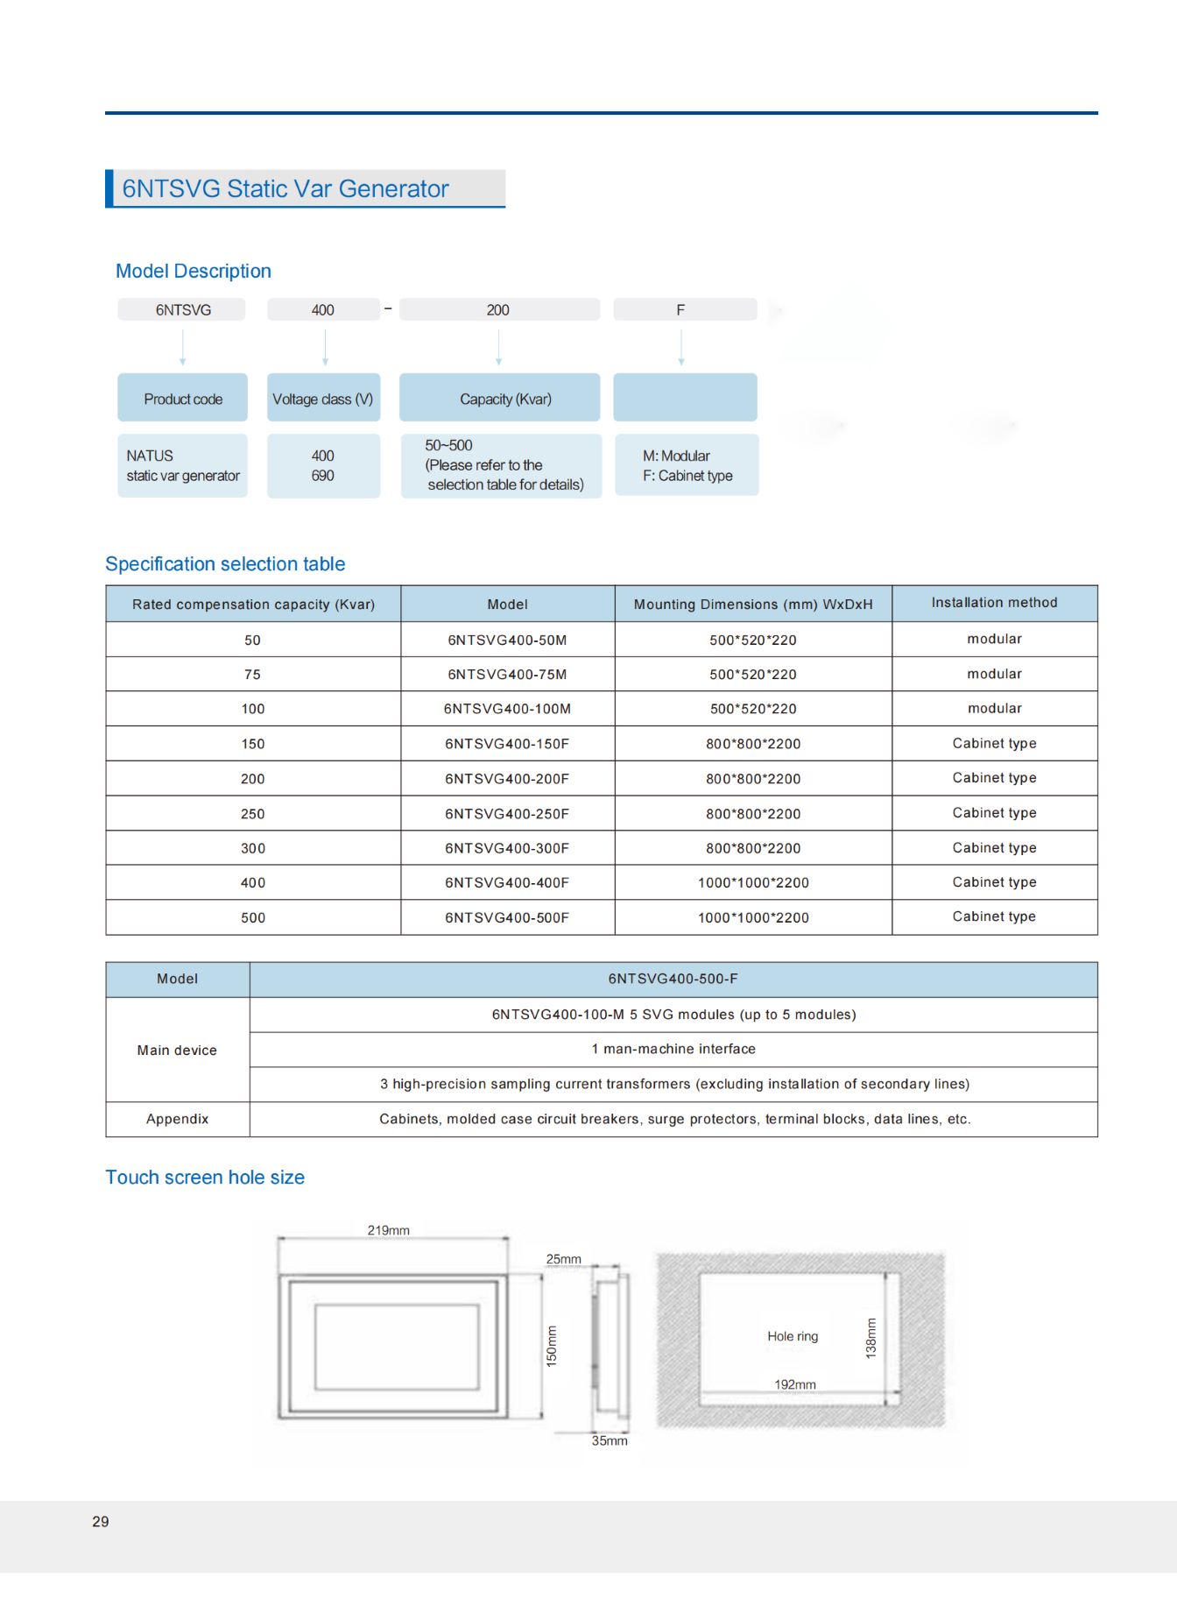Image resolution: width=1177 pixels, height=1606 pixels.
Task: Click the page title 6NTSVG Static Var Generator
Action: tap(285, 189)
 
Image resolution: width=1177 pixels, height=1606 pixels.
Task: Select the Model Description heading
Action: tap(194, 272)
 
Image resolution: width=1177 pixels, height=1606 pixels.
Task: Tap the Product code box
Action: tap(183, 400)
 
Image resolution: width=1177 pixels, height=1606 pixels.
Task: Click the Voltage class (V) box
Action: tap(323, 400)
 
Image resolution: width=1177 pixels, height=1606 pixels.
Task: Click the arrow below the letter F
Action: tap(681, 347)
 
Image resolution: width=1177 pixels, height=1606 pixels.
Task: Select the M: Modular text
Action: tap(676, 456)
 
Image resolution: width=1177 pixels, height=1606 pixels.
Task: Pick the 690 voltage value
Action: tap(322, 476)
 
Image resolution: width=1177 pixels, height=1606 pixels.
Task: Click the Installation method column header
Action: tap(994, 603)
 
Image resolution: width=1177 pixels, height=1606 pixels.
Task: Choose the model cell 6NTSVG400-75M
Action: tap(507, 675)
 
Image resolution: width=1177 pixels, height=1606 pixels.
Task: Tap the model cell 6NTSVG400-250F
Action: tap(507, 814)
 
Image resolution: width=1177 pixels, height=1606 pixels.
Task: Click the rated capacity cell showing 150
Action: tap(253, 744)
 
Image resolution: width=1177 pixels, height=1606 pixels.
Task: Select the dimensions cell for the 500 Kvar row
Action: tap(753, 918)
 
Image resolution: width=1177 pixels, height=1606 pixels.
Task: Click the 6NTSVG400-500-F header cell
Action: tap(673, 979)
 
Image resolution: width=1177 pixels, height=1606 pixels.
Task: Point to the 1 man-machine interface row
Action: tap(673, 1049)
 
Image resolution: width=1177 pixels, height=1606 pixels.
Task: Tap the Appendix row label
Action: tap(177, 1119)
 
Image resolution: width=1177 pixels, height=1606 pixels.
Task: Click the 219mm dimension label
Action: tap(388, 1230)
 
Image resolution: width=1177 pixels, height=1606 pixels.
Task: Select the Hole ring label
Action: tap(793, 1336)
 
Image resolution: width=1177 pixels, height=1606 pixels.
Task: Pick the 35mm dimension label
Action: tap(610, 1440)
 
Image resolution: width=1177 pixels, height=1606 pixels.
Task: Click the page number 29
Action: tap(101, 1522)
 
